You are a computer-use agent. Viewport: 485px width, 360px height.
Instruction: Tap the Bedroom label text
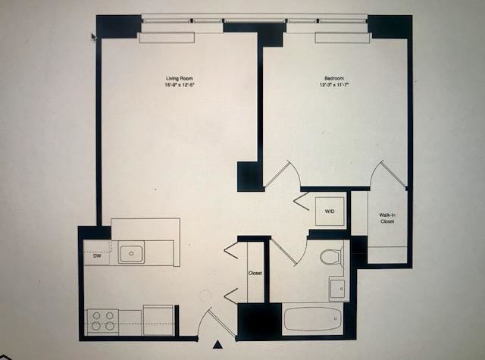(334, 79)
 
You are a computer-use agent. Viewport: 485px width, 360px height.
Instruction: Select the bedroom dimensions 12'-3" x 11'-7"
(334, 85)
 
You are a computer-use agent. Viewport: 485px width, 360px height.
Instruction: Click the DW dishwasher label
(97, 256)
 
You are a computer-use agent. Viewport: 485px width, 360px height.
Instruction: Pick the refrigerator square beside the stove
(158, 318)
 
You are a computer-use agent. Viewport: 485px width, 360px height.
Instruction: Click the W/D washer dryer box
(330, 211)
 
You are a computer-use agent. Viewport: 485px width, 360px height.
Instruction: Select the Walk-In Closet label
(387, 218)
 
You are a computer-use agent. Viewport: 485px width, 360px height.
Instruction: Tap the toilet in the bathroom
(331, 256)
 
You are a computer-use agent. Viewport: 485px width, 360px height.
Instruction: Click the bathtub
(313, 318)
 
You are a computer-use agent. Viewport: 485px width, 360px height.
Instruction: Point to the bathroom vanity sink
(336, 289)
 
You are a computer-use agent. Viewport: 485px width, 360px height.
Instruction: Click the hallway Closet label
(255, 273)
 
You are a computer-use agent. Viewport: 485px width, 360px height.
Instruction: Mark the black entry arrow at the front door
(218, 345)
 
